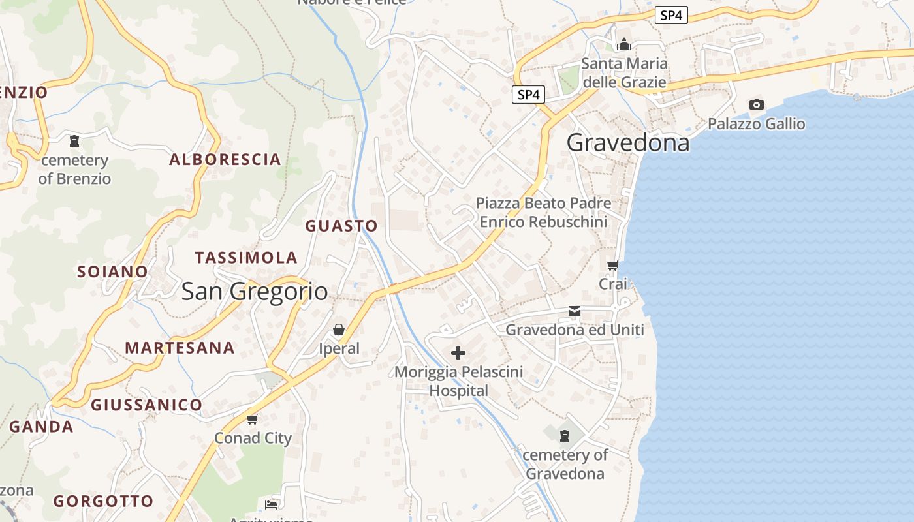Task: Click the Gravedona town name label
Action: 627,142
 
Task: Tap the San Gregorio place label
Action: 255,291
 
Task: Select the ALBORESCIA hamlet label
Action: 225,159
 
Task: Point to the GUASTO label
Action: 341,226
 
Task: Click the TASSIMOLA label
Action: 246,258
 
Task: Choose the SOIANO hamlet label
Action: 113,271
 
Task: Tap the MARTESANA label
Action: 180,348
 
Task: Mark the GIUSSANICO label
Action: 146,405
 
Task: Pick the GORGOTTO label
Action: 103,501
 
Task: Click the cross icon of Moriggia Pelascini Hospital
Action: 458,353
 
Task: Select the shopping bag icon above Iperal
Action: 339,330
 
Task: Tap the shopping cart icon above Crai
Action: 613,265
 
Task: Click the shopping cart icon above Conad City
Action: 253,419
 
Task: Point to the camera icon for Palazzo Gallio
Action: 756,104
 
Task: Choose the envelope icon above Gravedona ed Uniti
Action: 575,311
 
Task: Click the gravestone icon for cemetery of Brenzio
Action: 74,140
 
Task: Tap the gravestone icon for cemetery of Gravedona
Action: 565,435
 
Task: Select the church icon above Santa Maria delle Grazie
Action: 624,44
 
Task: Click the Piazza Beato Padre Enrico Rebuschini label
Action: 543,212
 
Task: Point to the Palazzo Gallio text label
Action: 757,124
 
